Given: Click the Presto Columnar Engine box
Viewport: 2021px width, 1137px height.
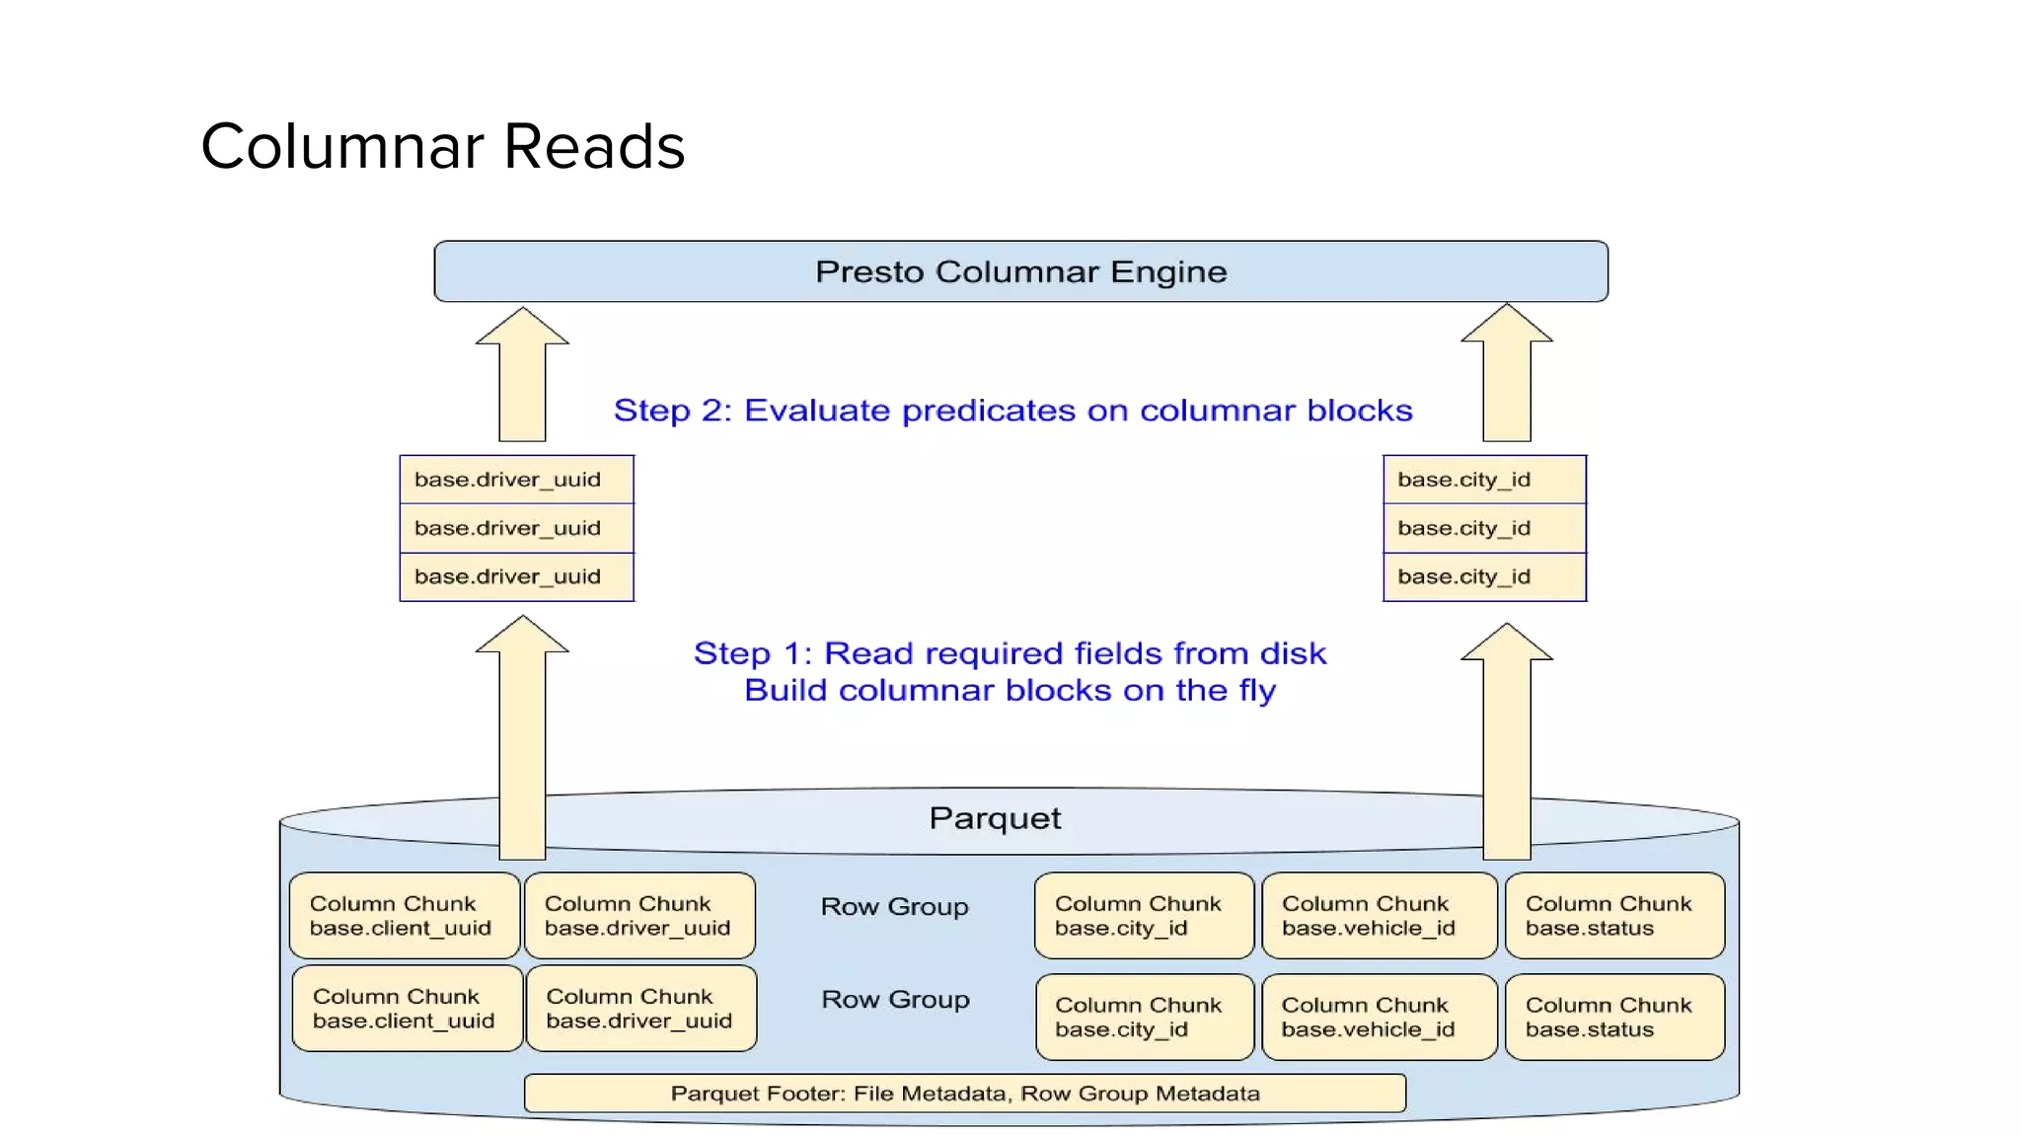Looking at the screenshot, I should [x=1020, y=271].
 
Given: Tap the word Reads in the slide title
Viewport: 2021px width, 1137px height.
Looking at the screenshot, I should [x=594, y=147].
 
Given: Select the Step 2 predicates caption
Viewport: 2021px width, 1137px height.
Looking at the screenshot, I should [x=1012, y=411].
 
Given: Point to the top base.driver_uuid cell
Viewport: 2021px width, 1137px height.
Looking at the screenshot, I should [x=516, y=480].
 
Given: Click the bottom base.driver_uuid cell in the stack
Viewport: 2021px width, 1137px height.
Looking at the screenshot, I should [x=516, y=576].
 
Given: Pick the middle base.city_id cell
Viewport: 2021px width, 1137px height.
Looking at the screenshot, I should [x=1484, y=528].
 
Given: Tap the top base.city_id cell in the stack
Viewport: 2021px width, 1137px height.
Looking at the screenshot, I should [x=1484, y=480].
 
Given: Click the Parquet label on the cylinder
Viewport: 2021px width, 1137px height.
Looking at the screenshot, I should [x=995, y=818].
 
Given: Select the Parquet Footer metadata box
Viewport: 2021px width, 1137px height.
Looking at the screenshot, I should [x=964, y=1093].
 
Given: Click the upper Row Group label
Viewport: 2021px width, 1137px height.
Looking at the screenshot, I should [x=894, y=906].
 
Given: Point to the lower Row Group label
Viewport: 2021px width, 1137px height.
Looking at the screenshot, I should [x=895, y=999].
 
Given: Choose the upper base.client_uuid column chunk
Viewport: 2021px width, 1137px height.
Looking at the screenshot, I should [x=405, y=915].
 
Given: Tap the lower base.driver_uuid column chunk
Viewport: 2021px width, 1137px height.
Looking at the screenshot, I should [x=641, y=1008].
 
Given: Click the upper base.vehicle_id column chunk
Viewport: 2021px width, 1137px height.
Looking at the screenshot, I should [x=1379, y=915].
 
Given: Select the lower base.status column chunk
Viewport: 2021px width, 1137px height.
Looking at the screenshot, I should [x=1614, y=1017].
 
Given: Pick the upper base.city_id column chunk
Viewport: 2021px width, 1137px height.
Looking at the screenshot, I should [x=1143, y=915].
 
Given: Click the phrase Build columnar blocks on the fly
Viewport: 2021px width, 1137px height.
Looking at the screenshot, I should [x=1010, y=690].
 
